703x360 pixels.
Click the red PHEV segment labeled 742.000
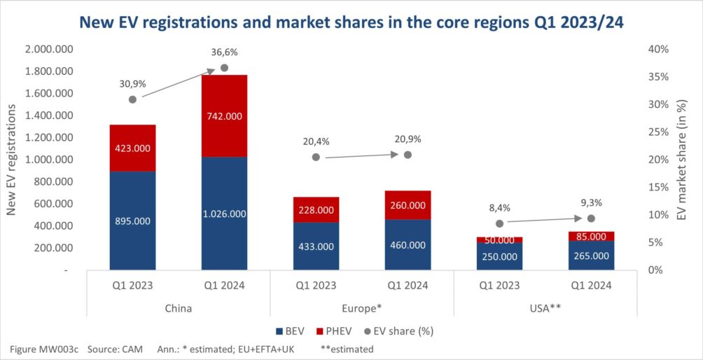pyautogui.click(x=224, y=116)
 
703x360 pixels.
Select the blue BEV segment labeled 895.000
pyautogui.click(x=132, y=221)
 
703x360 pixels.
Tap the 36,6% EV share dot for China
pyautogui.click(x=225, y=68)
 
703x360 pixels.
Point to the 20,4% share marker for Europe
pyautogui.click(x=316, y=158)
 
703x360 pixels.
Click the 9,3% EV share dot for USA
pyautogui.click(x=591, y=219)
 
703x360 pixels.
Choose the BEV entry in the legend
pyautogui.click(x=288, y=329)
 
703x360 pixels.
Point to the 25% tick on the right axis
pyautogui.click(x=660, y=132)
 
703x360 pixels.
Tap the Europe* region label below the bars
pyautogui.click(x=362, y=307)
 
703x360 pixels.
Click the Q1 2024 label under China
pyautogui.click(x=224, y=285)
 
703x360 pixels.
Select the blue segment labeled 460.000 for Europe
pyautogui.click(x=408, y=245)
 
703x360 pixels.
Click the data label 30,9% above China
pyautogui.click(x=132, y=83)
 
